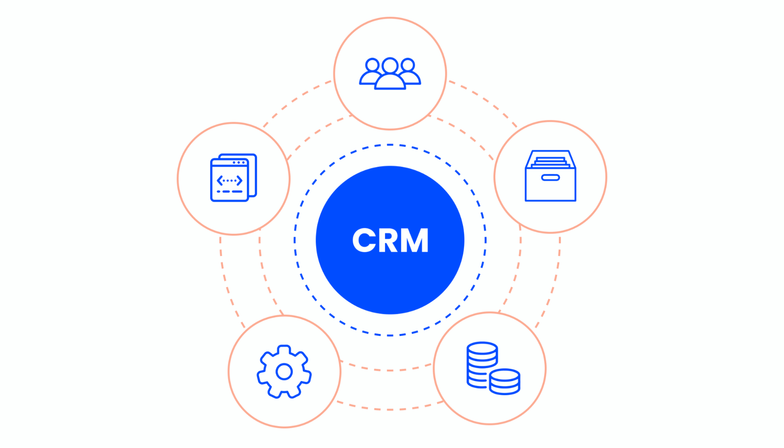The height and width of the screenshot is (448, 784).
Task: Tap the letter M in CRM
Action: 415,240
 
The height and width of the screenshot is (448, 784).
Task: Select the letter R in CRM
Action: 388,240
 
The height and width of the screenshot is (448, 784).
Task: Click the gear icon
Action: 284,372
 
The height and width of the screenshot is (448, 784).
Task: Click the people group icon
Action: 390,74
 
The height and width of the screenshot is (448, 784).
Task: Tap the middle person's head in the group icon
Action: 390,66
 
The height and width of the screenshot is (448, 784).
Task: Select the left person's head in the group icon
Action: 372,65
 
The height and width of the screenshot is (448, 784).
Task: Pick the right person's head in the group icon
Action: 408,65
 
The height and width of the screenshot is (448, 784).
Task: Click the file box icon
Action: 550,176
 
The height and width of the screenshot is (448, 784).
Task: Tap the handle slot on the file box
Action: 550,178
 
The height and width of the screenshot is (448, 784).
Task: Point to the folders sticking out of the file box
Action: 550,161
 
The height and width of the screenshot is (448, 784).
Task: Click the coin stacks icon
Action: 493,368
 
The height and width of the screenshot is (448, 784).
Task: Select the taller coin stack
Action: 482,364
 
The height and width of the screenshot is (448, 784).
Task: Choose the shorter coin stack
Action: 505,382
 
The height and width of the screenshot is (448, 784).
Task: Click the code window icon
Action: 233,177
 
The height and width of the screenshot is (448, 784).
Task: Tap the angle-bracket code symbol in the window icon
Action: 229,181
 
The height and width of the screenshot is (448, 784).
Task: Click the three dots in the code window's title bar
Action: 239,163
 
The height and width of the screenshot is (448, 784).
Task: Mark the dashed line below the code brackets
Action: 229,191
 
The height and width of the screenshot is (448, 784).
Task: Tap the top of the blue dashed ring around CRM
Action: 390,145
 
